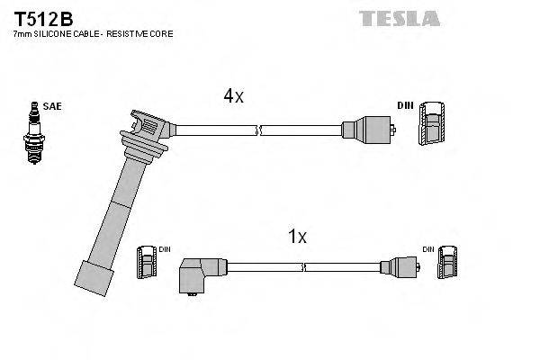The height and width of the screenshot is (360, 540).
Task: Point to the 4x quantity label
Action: [x=233, y=96]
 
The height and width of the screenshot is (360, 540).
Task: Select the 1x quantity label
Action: [x=297, y=238]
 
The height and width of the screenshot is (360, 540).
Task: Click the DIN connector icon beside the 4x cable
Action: [x=431, y=121]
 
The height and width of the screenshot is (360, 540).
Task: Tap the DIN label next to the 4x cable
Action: [x=404, y=106]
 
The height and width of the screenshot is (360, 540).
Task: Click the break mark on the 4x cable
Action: [x=259, y=130]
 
